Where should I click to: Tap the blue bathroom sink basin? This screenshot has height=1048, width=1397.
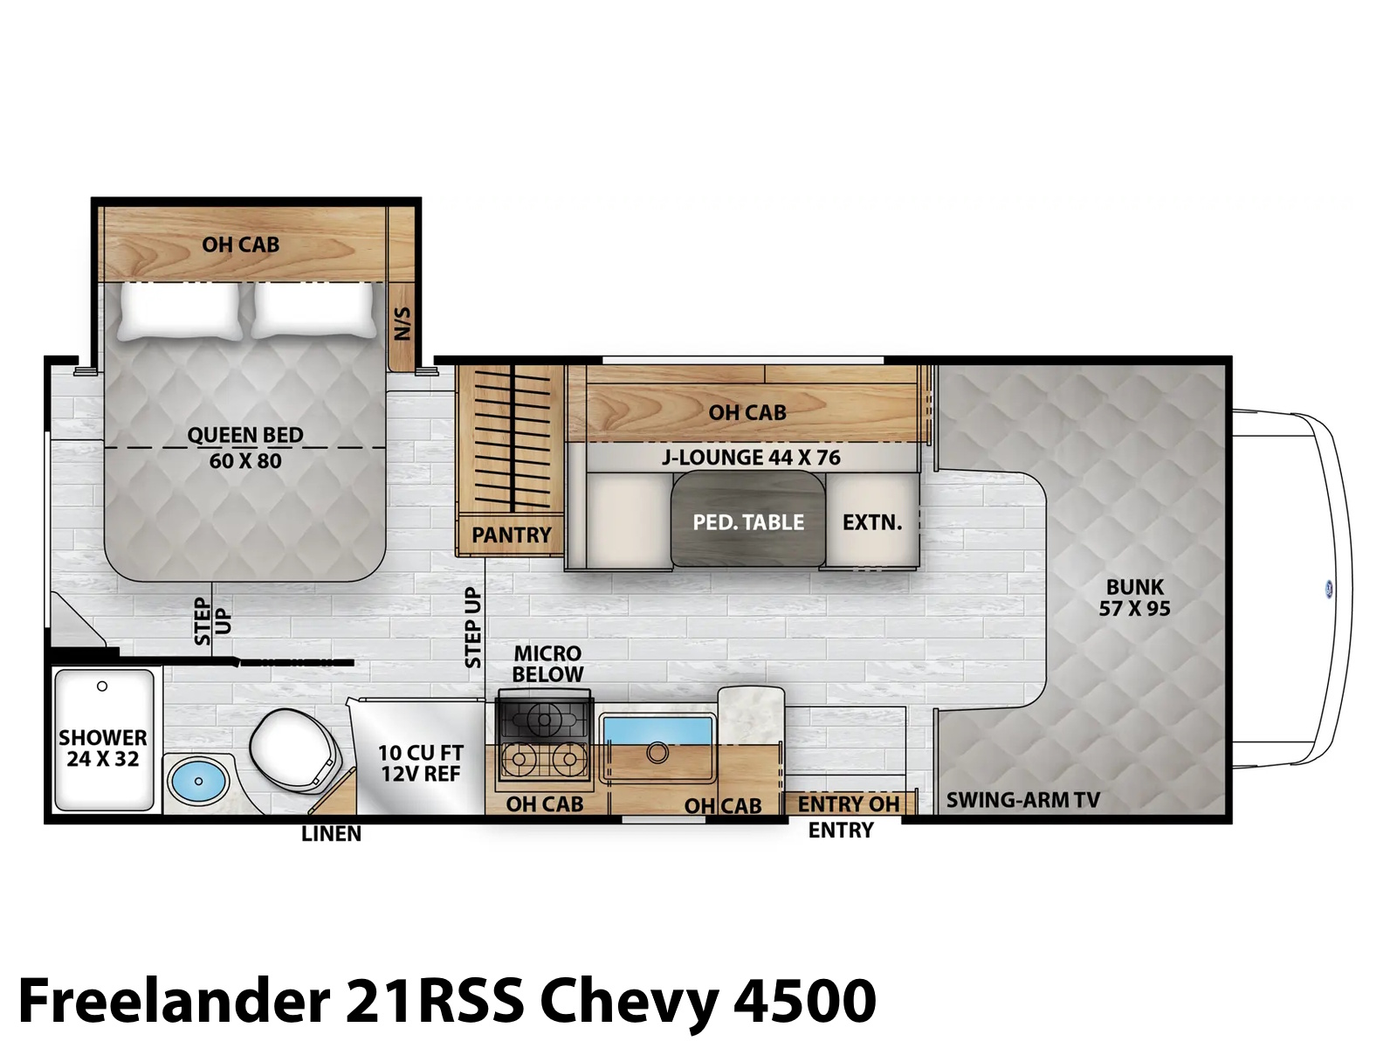pyautogui.click(x=198, y=781)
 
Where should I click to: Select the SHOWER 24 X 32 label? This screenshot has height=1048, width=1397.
pyautogui.click(x=103, y=748)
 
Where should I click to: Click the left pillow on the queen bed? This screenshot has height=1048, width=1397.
pyautogui.click(x=180, y=310)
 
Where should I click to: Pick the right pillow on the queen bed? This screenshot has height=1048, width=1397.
pyautogui.click(x=314, y=310)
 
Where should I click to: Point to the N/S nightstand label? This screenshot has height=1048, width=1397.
pyautogui.click(x=403, y=324)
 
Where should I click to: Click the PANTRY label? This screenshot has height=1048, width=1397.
pyautogui.click(x=511, y=535)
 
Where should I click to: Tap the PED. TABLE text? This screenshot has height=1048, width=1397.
pyautogui.click(x=748, y=522)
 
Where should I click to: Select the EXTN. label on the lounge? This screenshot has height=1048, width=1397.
pyautogui.click(x=872, y=522)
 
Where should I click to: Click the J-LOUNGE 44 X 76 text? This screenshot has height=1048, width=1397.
pyautogui.click(x=751, y=458)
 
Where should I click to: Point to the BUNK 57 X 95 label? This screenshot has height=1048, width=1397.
pyautogui.click(x=1135, y=597)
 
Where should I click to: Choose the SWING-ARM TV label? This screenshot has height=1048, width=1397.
pyautogui.click(x=1022, y=800)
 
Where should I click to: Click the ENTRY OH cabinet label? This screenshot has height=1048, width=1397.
pyautogui.click(x=849, y=804)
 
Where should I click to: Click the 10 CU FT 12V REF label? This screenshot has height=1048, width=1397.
pyautogui.click(x=421, y=763)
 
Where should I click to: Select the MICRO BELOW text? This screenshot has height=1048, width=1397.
pyautogui.click(x=548, y=664)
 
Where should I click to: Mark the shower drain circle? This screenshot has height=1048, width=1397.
pyautogui.click(x=102, y=686)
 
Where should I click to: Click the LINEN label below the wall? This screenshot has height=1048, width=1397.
pyautogui.click(x=331, y=833)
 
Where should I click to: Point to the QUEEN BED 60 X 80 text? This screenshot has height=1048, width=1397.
pyautogui.click(x=245, y=448)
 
